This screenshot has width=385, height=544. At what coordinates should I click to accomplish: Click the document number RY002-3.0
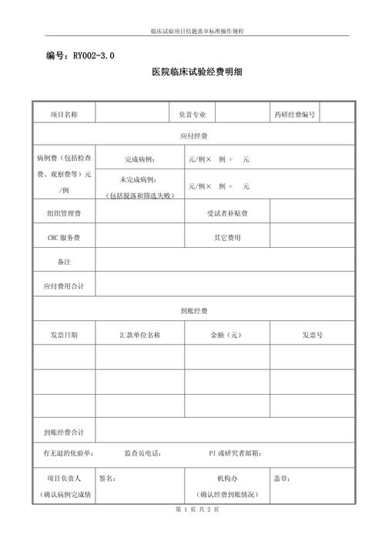(80, 56)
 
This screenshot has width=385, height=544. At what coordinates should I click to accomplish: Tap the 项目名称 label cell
(64, 115)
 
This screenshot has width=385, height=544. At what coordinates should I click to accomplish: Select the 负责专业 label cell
(192, 115)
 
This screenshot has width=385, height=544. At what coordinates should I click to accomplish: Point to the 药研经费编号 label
(294, 115)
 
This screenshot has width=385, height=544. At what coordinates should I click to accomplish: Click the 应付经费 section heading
(193, 136)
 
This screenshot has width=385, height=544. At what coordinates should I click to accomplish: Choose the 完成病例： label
(140, 160)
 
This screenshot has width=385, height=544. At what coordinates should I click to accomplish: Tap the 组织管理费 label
(64, 212)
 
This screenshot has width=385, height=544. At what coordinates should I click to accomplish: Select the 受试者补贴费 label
(227, 212)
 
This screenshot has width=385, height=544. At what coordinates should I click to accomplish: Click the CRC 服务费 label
(64, 237)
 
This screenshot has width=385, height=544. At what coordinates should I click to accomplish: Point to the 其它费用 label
(227, 237)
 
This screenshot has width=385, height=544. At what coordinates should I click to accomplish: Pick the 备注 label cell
(64, 262)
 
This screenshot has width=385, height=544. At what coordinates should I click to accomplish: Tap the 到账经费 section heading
(193, 311)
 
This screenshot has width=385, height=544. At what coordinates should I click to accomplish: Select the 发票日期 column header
(64, 335)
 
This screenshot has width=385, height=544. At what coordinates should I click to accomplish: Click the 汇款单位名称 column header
(140, 335)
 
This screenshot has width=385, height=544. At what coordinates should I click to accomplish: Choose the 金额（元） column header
(227, 335)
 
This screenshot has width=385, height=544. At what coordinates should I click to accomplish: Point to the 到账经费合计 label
(64, 432)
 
